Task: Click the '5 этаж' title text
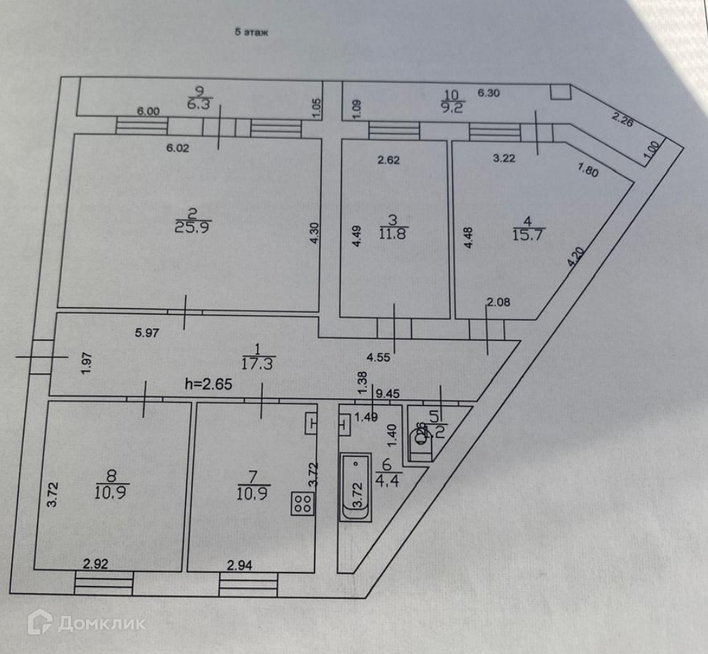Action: click(x=251, y=32)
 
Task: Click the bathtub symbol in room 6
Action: click(x=356, y=486)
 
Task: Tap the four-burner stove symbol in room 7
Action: click(x=302, y=503)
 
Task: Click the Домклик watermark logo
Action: click(x=86, y=622)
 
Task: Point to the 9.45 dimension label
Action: click(x=388, y=393)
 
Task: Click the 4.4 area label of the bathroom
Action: click(x=393, y=474)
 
